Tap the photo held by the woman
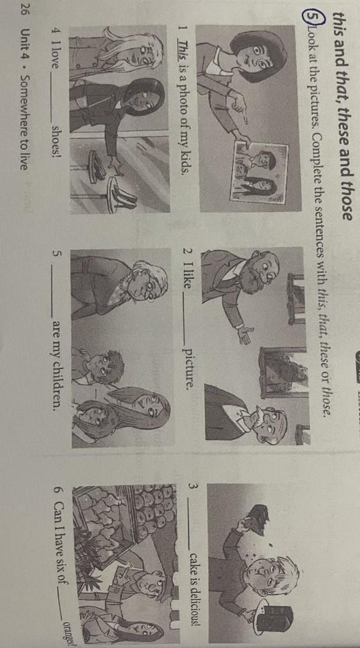261,172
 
